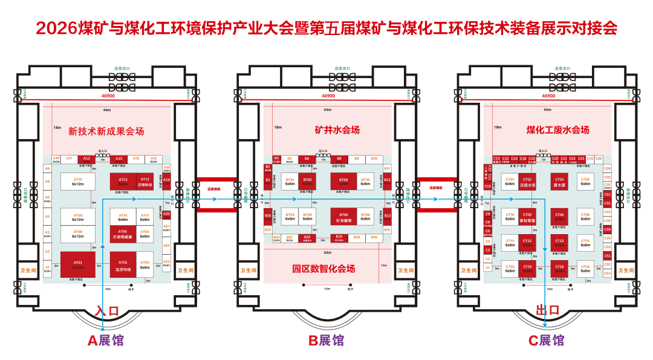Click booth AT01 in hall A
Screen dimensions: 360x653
(77, 264)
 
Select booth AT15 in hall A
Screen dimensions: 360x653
(77, 182)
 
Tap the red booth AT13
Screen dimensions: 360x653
(123, 182)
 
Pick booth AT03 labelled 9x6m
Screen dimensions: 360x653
(145, 264)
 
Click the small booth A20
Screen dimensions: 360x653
(167, 214)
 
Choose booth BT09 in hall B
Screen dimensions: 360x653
(343, 182)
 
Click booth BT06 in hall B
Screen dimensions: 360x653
(343, 217)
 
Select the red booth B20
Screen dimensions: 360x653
(307, 238)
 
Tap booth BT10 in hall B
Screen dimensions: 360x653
(365, 182)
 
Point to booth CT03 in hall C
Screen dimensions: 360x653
(560, 182)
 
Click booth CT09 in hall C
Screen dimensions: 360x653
(527, 217)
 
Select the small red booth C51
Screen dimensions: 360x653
(608, 256)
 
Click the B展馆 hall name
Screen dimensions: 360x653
(326, 341)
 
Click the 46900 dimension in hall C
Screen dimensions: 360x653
(548, 96)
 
